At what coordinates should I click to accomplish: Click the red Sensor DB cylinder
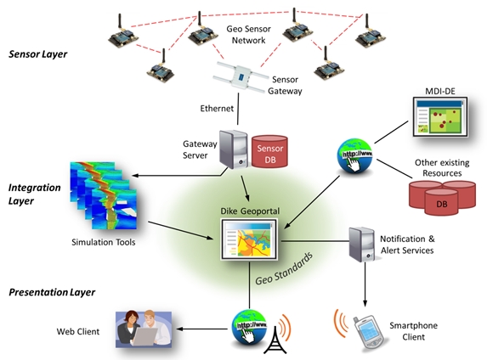click(x=269, y=151)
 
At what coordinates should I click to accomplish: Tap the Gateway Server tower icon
click(x=233, y=149)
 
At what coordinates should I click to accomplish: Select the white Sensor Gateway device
click(x=240, y=77)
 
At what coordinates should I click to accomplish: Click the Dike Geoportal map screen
click(x=249, y=239)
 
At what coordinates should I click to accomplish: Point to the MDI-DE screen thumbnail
click(x=440, y=117)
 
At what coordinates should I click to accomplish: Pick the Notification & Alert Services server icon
click(x=361, y=244)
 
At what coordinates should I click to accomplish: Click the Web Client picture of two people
click(x=144, y=329)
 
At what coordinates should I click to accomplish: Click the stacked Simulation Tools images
click(x=104, y=195)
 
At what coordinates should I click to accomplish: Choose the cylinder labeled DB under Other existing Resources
click(x=441, y=202)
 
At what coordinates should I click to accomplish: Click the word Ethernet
click(x=217, y=109)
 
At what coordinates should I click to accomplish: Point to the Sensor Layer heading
click(x=38, y=54)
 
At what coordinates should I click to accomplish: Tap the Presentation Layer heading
click(x=52, y=292)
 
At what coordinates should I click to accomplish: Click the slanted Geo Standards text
click(x=284, y=268)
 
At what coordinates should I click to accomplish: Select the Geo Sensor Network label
click(x=248, y=35)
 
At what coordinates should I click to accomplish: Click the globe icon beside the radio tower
click(x=249, y=327)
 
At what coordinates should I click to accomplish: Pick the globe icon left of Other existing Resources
click(x=354, y=155)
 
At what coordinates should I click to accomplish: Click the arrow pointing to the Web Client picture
click(x=202, y=329)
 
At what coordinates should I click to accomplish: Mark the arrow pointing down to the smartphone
click(x=365, y=284)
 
